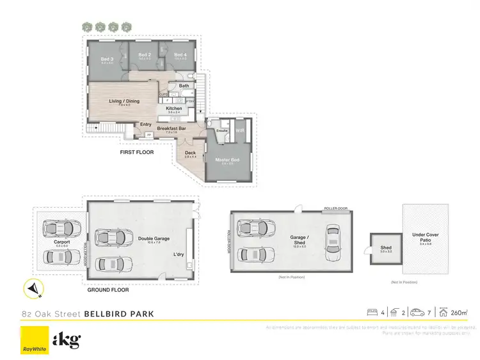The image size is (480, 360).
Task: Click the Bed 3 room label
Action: tap(107, 59)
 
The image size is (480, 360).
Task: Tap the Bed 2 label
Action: tap(145, 55)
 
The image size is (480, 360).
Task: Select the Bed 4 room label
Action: tap(180, 55)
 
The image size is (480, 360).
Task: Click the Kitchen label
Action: tap(173, 108)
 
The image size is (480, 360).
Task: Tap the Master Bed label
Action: tap(227, 159)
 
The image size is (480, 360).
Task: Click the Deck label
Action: tap(190, 153)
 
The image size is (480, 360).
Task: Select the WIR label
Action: tap(240, 130)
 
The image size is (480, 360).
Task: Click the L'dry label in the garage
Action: tap(179, 255)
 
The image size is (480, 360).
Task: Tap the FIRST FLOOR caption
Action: tap(137, 153)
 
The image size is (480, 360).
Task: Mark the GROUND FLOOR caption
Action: tap(108, 290)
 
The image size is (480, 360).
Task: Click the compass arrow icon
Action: tap(32, 290)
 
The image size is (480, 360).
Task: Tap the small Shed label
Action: tap(385, 247)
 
